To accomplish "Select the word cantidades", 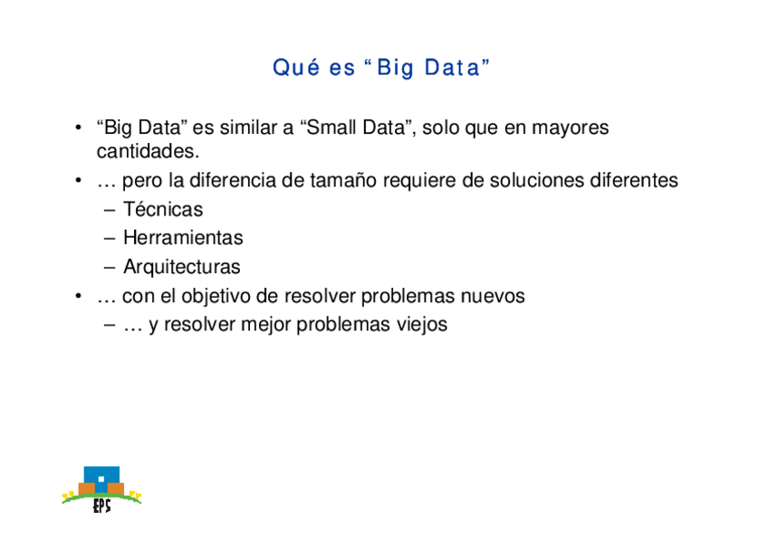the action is [148, 151].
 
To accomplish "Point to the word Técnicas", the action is [163, 209].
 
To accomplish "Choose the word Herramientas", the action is [183, 238].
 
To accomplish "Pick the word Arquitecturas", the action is [182, 267].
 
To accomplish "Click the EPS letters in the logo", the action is [101, 505].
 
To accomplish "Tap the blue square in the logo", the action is [101, 479].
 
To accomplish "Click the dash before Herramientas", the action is [110, 238].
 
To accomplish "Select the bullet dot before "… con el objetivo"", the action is [78, 296].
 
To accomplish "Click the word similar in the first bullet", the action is [249, 128].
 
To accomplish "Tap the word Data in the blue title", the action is [453, 68].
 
